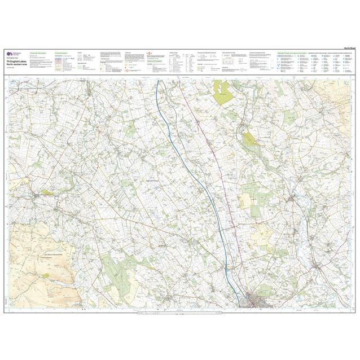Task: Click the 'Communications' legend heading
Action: point(63,52)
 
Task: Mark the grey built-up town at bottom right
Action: point(261,298)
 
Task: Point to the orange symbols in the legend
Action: point(149,56)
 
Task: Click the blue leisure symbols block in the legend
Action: point(322,63)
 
